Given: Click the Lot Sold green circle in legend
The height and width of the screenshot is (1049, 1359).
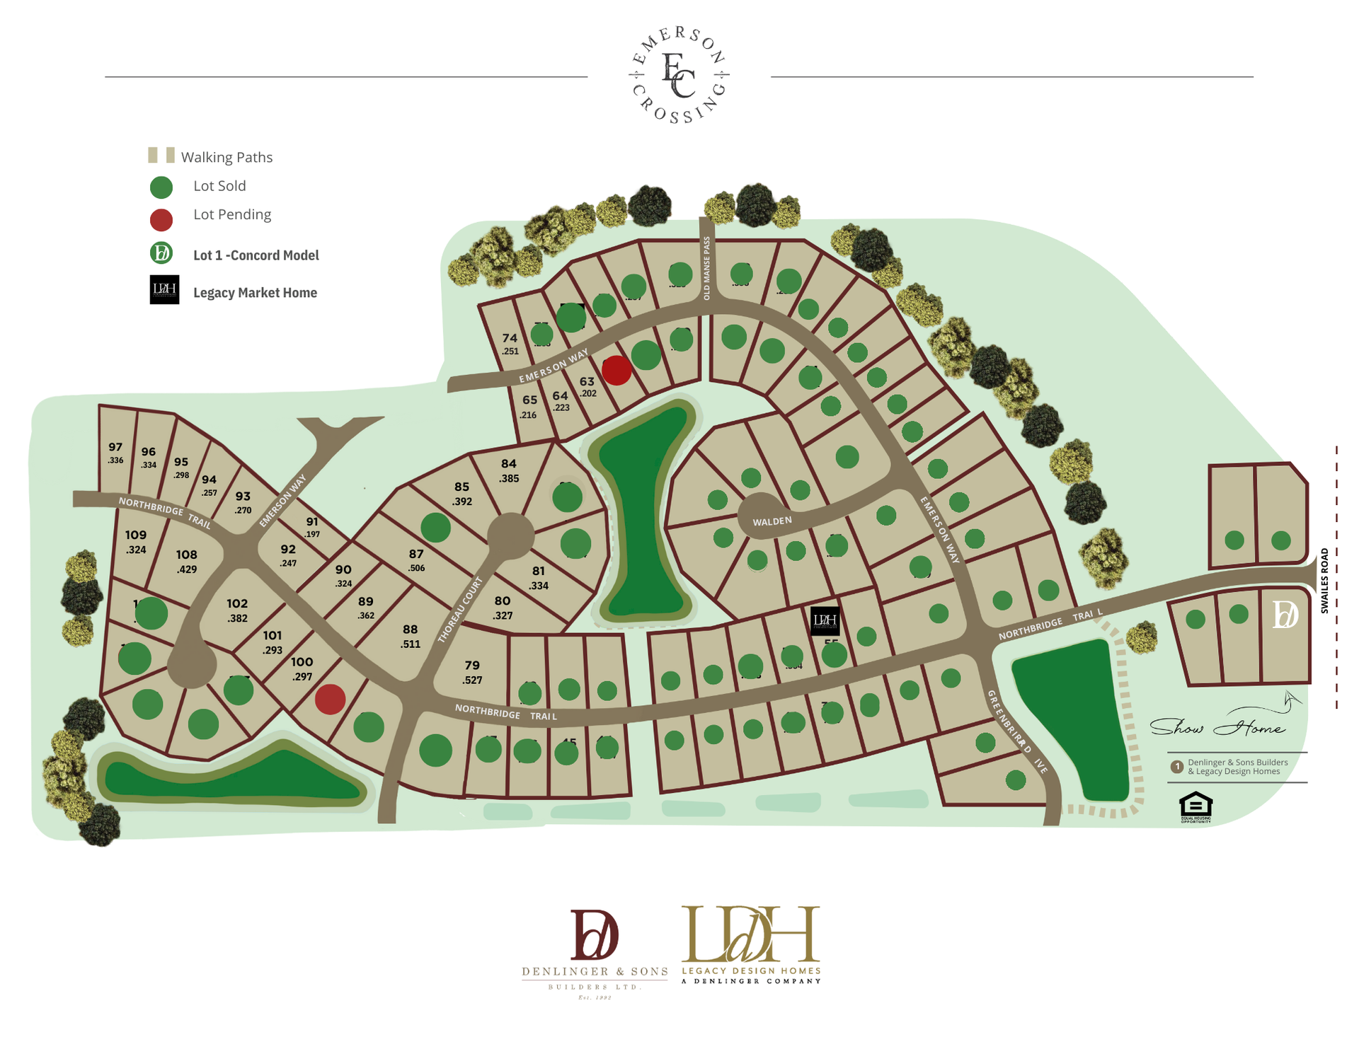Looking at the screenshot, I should click(161, 187).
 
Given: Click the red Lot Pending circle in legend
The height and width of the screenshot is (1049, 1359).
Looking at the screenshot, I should click(161, 220).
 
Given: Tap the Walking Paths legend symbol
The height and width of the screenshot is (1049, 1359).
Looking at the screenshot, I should click(161, 156).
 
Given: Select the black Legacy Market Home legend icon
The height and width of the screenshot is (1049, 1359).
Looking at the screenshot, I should click(164, 290).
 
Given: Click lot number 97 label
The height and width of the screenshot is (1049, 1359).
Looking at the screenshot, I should click(115, 447).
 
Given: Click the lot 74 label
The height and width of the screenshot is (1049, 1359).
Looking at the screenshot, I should click(510, 338).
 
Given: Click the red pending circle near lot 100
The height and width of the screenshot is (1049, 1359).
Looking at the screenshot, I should click(330, 699).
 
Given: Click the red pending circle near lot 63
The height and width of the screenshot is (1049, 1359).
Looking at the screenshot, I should click(617, 370).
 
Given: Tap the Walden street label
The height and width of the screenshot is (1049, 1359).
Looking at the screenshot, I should click(772, 521).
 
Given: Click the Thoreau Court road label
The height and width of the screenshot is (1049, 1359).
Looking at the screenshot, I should click(460, 610).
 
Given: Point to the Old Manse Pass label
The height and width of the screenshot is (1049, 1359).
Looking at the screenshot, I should click(706, 268).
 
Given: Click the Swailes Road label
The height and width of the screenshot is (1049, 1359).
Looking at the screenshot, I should click(1325, 580).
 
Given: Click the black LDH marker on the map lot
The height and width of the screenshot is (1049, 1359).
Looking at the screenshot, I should click(825, 620).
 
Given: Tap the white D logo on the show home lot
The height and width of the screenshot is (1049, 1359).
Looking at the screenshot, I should click(1285, 615).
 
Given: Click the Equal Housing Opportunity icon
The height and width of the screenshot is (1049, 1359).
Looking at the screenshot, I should click(1195, 807).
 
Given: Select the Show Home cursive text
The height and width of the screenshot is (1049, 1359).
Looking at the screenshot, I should click(1217, 727).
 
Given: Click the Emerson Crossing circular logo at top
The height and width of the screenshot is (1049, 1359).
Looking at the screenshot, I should click(679, 75).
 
